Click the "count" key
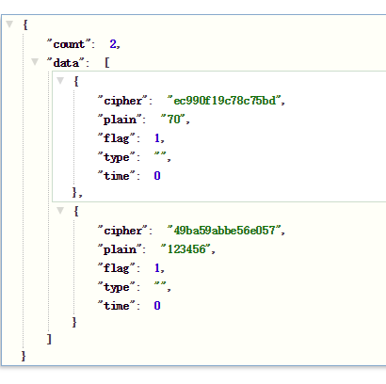point(69,44)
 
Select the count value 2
point(113,44)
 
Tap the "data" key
point(66,63)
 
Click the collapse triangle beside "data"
point(35,61)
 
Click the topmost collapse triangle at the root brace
point(9,24)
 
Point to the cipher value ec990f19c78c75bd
point(224,101)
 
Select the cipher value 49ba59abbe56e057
point(224,231)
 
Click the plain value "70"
point(173,120)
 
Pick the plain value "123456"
point(186,249)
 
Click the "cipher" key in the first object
point(122,101)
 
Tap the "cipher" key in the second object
point(122,231)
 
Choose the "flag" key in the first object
point(116,138)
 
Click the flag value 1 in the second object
point(157,268)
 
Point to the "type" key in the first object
point(116,157)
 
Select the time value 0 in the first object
point(157,176)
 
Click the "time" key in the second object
point(116,306)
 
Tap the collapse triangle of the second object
point(60,210)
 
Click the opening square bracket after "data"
point(107,63)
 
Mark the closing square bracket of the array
point(49,339)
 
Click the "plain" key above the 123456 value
point(120,249)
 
